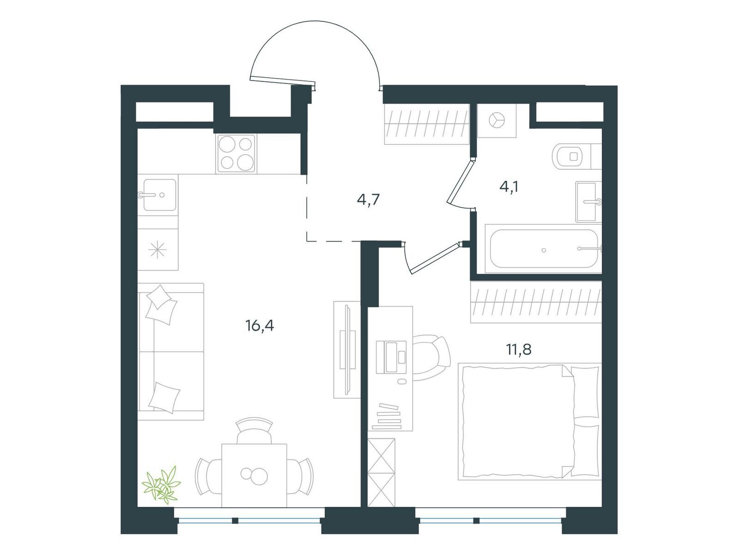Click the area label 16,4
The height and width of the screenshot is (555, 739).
point(260,327)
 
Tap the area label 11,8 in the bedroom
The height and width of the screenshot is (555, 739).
point(519,350)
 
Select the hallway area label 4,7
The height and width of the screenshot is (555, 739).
point(368,200)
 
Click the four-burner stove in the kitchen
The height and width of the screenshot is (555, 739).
point(236,154)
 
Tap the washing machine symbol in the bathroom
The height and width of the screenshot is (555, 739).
point(497,120)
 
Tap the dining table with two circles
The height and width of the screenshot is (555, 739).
point(254,475)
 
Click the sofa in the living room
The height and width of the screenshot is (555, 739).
point(171,351)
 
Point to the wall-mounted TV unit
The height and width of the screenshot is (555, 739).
point(347,350)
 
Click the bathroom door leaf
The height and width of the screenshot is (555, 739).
point(460,182)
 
